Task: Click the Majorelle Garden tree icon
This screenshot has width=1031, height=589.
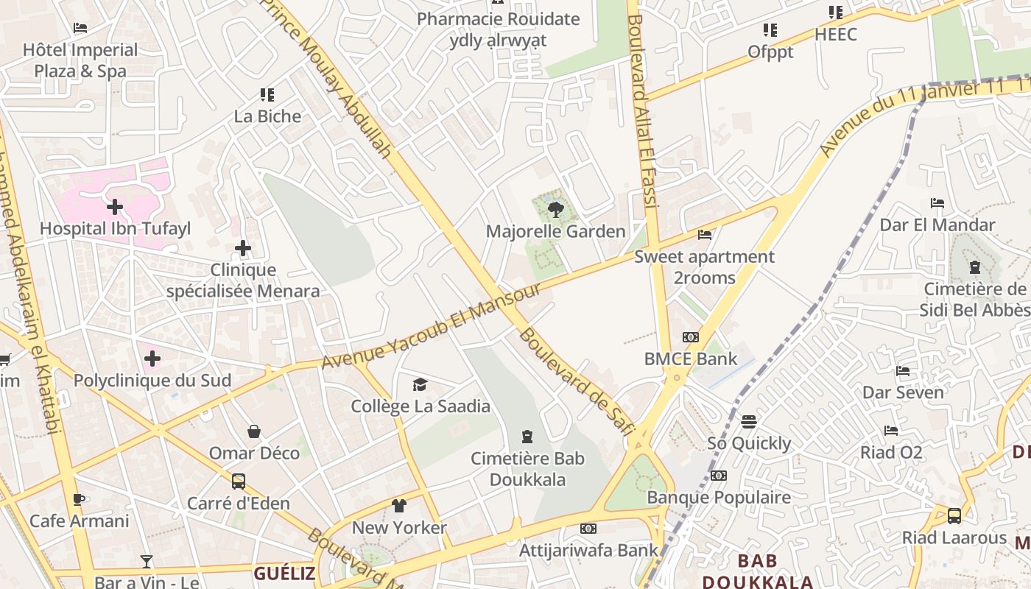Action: (x=556, y=210)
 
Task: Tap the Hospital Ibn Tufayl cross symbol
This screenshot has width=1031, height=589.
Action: (x=115, y=207)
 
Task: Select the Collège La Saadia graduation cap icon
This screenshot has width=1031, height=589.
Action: (x=420, y=384)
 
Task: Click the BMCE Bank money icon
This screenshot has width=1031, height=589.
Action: (x=690, y=337)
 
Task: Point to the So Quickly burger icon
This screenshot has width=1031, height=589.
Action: (x=749, y=422)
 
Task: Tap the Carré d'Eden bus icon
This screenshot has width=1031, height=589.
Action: (x=239, y=482)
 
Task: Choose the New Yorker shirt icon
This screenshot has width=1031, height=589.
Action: (x=398, y=506)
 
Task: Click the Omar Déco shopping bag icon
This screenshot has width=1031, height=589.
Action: (x=254, y=431)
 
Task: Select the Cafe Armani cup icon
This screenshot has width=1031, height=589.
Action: (x=79, y=499)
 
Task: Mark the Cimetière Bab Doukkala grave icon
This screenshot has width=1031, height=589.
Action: (x=527, y=437)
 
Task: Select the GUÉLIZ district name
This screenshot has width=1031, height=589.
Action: (x=284, y=574)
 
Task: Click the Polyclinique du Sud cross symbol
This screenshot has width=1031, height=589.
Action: (x=152, y=359)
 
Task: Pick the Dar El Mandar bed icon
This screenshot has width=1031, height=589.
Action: (x=937, y=203)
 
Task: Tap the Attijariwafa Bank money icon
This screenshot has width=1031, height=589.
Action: (x=588, y=529)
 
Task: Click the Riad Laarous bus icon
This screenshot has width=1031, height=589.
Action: (x=954, y=515)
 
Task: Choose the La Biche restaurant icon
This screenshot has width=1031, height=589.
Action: (x=267, y=95)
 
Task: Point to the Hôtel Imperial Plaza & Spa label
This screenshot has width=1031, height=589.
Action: (x=80, y=60)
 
